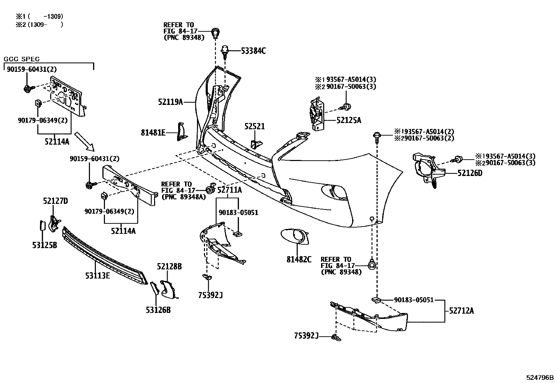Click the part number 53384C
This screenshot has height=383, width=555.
[253, 51]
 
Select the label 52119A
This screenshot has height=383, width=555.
[170, 102]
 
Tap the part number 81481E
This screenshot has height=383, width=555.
[153, 132]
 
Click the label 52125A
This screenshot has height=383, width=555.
[349, 121]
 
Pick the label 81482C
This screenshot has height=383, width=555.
[299, 259]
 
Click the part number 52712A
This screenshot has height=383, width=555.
[461, 311]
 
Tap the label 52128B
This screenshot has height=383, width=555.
[169, 267]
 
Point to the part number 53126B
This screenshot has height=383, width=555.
[158, 309]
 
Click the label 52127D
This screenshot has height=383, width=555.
[55, 201]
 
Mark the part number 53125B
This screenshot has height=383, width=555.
[45, 245]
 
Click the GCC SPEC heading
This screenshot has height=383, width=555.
[22, 59]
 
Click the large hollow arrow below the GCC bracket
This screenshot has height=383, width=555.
[85, 141]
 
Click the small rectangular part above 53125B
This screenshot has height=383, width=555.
[42, 225]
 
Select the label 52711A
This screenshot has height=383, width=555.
[229, 190]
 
